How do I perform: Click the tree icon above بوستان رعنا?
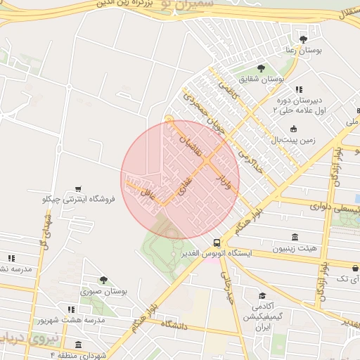coord(303,39)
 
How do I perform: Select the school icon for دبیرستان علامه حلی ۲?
coord(299,89)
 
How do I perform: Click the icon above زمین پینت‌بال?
coord(293,129)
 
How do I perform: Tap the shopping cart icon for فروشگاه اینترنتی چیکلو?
coord(77,189)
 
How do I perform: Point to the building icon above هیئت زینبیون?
coord(295,238)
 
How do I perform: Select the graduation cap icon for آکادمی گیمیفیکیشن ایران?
coord(262,296)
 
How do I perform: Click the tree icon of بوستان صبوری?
coord(103,280)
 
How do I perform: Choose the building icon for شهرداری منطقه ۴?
coord(77,345)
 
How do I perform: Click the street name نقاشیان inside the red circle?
coord(193,146)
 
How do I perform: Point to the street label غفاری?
coord(181,186)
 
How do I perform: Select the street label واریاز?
coord(225,176)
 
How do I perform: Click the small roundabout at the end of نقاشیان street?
coord(169,119)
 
